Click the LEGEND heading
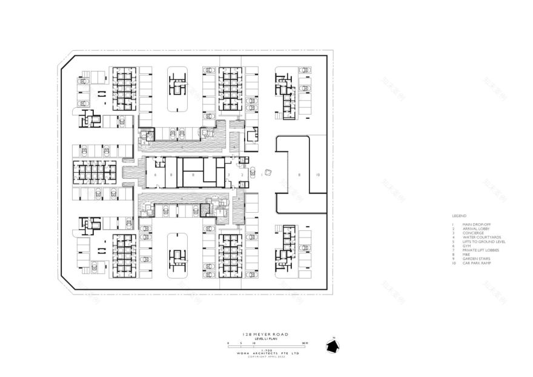(x=459, y=216)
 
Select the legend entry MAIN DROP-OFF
(x=474, y=224)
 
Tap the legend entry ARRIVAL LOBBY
(x=474, y=229)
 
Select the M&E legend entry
(x=465, y=255)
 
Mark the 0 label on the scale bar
(x=229, y=343)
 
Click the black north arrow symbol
(x=333, y=345)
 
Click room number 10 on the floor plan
(x=317, y=174)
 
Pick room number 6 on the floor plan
(x=156, y=174)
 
